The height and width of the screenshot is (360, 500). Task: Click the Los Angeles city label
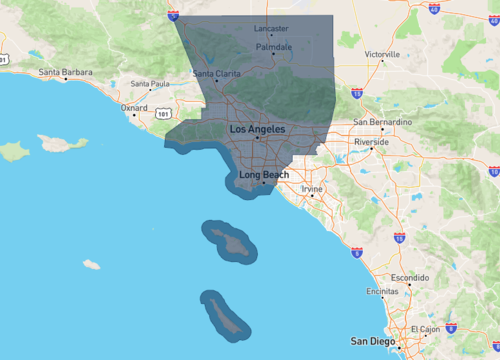(257, 130)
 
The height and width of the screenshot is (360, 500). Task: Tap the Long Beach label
(264, 175)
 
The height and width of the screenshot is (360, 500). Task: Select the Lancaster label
(270, 28)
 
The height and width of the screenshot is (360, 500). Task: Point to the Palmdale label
(274, 47)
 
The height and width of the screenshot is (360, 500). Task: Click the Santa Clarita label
(216, 73)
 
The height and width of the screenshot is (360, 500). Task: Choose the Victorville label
(382, 53)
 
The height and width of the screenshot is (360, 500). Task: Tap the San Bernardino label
(381, 122)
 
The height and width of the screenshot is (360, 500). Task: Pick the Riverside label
(371, 142)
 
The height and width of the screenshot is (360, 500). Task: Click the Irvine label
(312, 188)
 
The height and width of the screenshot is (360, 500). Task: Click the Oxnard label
(133, 107)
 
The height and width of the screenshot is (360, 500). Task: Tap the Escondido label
(409, 276)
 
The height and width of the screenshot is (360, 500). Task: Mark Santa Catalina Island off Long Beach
(231, 241)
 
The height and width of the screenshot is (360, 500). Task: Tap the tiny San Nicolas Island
(91, 265)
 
